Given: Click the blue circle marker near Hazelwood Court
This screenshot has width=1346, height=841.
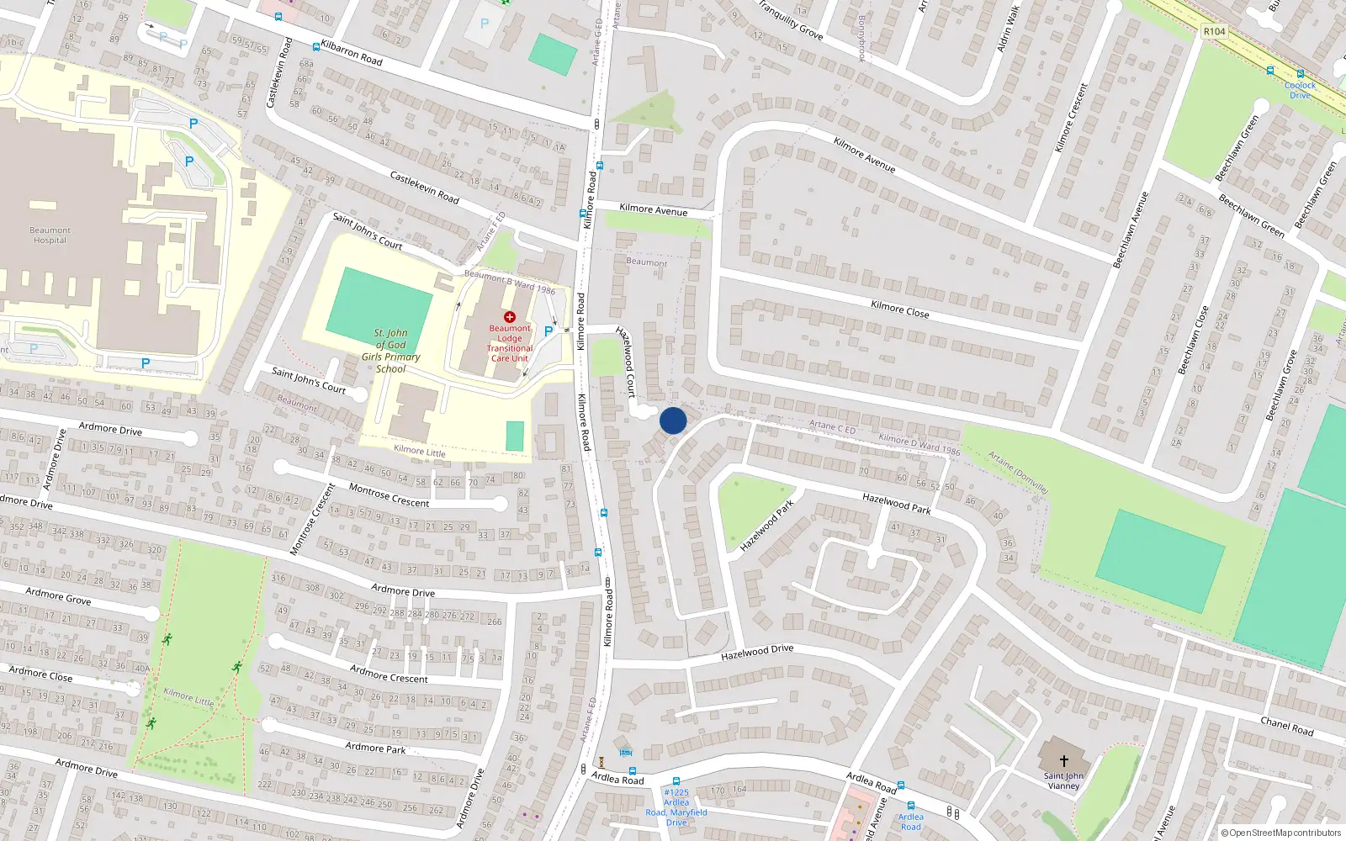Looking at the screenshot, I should click(673, 420).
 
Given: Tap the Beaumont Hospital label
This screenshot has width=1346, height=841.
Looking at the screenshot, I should click(50, 235).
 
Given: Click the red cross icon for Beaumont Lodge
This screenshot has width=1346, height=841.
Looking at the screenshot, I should click(510, 317).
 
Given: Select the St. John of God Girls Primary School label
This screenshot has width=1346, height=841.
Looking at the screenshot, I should click(391, 351).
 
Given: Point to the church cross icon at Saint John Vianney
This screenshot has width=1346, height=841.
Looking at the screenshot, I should click(1063, 761).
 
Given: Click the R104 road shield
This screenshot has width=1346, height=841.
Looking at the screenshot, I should click(1214, 31).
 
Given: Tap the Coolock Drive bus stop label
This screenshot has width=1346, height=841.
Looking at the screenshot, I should click(1300, 90).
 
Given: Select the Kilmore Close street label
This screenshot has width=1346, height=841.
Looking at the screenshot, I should click(900, 309).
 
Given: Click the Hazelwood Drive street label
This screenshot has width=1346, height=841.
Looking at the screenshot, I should click(757, 652).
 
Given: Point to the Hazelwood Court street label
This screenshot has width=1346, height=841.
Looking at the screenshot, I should click(626, 362).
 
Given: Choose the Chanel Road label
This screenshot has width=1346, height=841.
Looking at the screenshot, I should click(1286, 727).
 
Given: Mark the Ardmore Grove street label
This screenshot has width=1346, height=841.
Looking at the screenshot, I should click(58, 596).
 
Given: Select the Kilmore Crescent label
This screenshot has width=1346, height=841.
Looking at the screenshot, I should click(1071, 118).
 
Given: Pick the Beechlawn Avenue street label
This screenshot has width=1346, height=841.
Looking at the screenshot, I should click(1131, 230).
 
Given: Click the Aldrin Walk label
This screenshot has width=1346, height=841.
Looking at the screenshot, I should click(1008, 29).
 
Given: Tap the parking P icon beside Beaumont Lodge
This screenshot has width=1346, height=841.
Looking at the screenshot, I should click(548, 331).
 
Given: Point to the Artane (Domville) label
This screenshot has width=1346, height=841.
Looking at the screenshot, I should click(1018, 473).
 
